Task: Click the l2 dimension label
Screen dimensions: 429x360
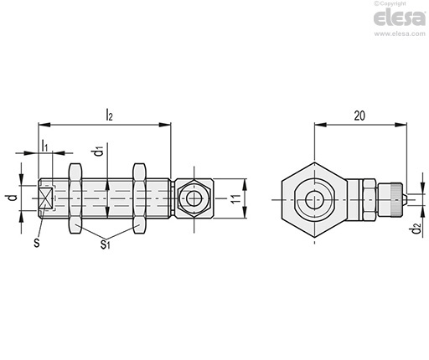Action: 109,115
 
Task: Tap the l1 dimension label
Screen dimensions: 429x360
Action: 44,146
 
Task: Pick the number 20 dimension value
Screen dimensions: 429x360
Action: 359,116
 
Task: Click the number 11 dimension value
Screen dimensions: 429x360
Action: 236,198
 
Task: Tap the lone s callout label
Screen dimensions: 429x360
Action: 37,242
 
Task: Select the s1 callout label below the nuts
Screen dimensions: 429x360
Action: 105,244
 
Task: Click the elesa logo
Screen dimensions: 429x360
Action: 400,18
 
